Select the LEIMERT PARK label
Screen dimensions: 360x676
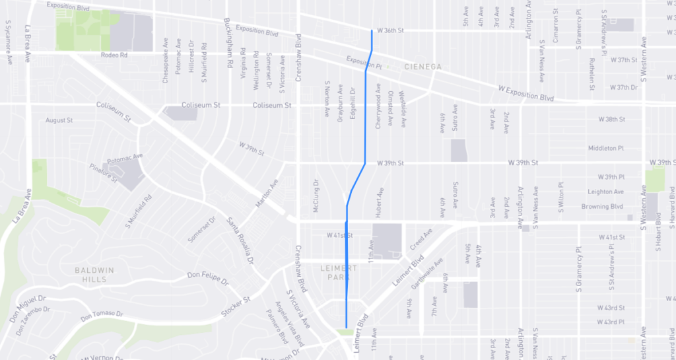coord(339,272)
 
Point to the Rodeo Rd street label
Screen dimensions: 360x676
coord(113,55)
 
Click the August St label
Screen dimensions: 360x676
coord(59,120)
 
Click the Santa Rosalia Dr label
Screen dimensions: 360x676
coord(241,238)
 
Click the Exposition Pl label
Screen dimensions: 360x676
coord(359,61)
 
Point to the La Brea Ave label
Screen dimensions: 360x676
coord(28,44)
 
